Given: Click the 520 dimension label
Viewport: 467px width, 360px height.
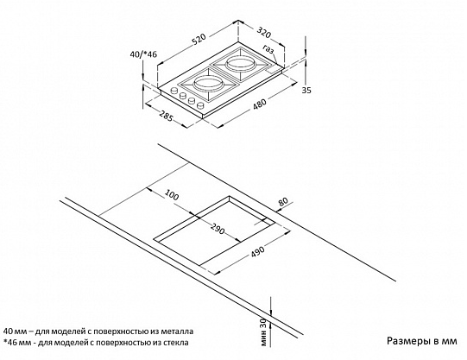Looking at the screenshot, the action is [x=199, y=40].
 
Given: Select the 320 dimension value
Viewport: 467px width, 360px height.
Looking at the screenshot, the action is [x=264, y=33].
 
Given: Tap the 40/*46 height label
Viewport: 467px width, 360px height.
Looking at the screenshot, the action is [x=143, y=54].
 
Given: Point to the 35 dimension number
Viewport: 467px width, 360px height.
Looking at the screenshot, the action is [x=306, y=90].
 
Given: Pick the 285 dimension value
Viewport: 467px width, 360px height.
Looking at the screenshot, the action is [x=166, y=116].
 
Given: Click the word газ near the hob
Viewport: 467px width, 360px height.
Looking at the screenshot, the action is [x=268, y=49].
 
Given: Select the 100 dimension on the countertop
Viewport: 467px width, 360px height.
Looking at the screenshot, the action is [x=172, y=196].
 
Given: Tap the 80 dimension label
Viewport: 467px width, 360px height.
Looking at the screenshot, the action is [x=283, y=202].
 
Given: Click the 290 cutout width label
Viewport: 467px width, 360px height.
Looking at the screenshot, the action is [x=218, y=229].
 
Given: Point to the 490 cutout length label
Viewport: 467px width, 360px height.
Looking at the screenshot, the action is [x=257, y=251].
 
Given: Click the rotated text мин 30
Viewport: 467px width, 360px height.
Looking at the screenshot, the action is [x=263, y=332].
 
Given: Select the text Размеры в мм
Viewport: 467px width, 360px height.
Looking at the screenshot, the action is [x=422, y=341].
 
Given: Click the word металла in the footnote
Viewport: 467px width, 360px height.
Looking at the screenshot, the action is [x=181, y=332].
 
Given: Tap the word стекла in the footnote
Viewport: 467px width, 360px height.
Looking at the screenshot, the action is [x=176, y=343].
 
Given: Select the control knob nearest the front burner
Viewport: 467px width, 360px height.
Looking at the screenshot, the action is [x=174, y=91].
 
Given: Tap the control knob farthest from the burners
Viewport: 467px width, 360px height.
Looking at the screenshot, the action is [x=201, y=105].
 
